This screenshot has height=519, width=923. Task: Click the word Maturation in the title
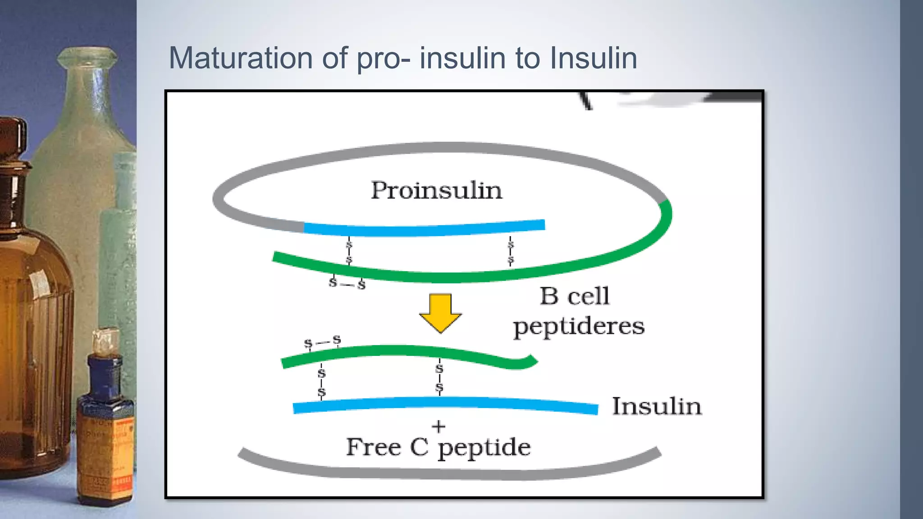point(241,58)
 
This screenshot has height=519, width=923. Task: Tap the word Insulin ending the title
point(593,58)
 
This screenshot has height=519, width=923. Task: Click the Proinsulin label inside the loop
point(436,191)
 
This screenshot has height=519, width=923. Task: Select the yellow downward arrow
point(440,312)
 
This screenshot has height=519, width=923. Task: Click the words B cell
point(575,296)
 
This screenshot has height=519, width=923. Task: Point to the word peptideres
point(579,326)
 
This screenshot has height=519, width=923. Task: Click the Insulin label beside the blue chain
point(657,406)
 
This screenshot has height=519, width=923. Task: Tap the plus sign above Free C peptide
point(439,426)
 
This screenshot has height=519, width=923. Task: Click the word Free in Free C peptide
point(373,447)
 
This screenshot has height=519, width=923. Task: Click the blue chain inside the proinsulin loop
point(424,229)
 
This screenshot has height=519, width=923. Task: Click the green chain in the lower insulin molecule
point(406,351)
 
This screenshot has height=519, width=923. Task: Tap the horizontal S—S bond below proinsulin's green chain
point(347,283)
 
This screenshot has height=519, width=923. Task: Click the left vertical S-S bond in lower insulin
point(321,382)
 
